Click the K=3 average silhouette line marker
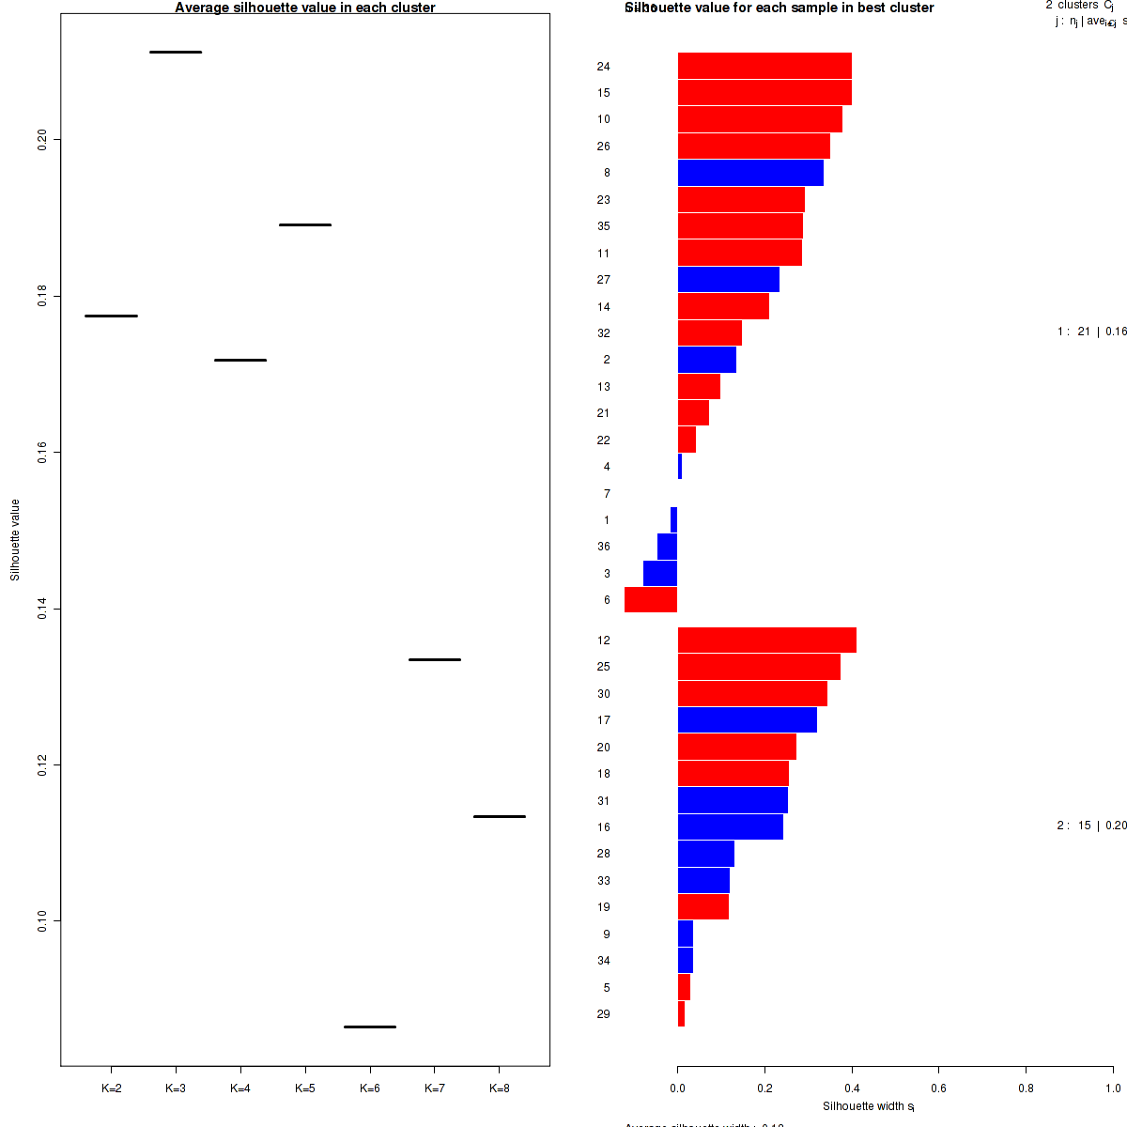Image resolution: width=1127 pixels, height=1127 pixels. pyautogui.click(x=176, y=52)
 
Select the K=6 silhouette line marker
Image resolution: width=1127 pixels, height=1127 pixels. pyautogui.click(x=370, y=1027)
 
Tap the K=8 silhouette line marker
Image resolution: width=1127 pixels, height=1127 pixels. pyautogui.click(x=500, y=816)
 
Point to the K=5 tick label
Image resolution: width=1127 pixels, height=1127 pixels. pyautogui.click(x=305, y=1088)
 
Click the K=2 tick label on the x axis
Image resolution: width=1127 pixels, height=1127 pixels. pyautogui.click(x=111, y=1088)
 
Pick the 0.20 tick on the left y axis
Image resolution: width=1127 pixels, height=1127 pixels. pyautogui.click(x=42, y=140)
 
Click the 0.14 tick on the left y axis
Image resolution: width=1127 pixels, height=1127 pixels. pyautogui.click(x=42, y=609)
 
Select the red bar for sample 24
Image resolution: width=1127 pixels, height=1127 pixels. pyautogui.click(x=764, y=66)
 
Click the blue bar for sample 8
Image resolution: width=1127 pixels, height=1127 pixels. pyautogui.click(x=750, y=173)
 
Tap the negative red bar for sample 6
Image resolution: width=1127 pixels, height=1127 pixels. pyautogui.click(x=651, y=599)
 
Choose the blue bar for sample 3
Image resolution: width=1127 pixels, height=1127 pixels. pyautogui.click(x=660, y=573)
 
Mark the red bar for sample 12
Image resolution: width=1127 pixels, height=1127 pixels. pyautogui.click(x=766, y=640)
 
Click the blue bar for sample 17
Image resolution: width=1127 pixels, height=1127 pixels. pyautogui.click(x=747, y=720)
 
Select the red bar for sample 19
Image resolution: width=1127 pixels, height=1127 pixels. pyautogui.click(x=702, y=907)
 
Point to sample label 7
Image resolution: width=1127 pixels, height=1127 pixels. pyautogui.click(x=607, y=494)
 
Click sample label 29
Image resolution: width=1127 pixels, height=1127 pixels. pyautogui.click(x=603, y=1014)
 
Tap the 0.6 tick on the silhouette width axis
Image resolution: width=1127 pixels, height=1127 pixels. pyautogui.click(x=938, y=1088)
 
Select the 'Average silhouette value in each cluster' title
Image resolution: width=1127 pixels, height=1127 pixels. pyautogui.click(x=305, y=8)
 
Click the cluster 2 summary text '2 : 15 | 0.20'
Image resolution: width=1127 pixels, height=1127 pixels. pyautogui.click(x=1091, y=826)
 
